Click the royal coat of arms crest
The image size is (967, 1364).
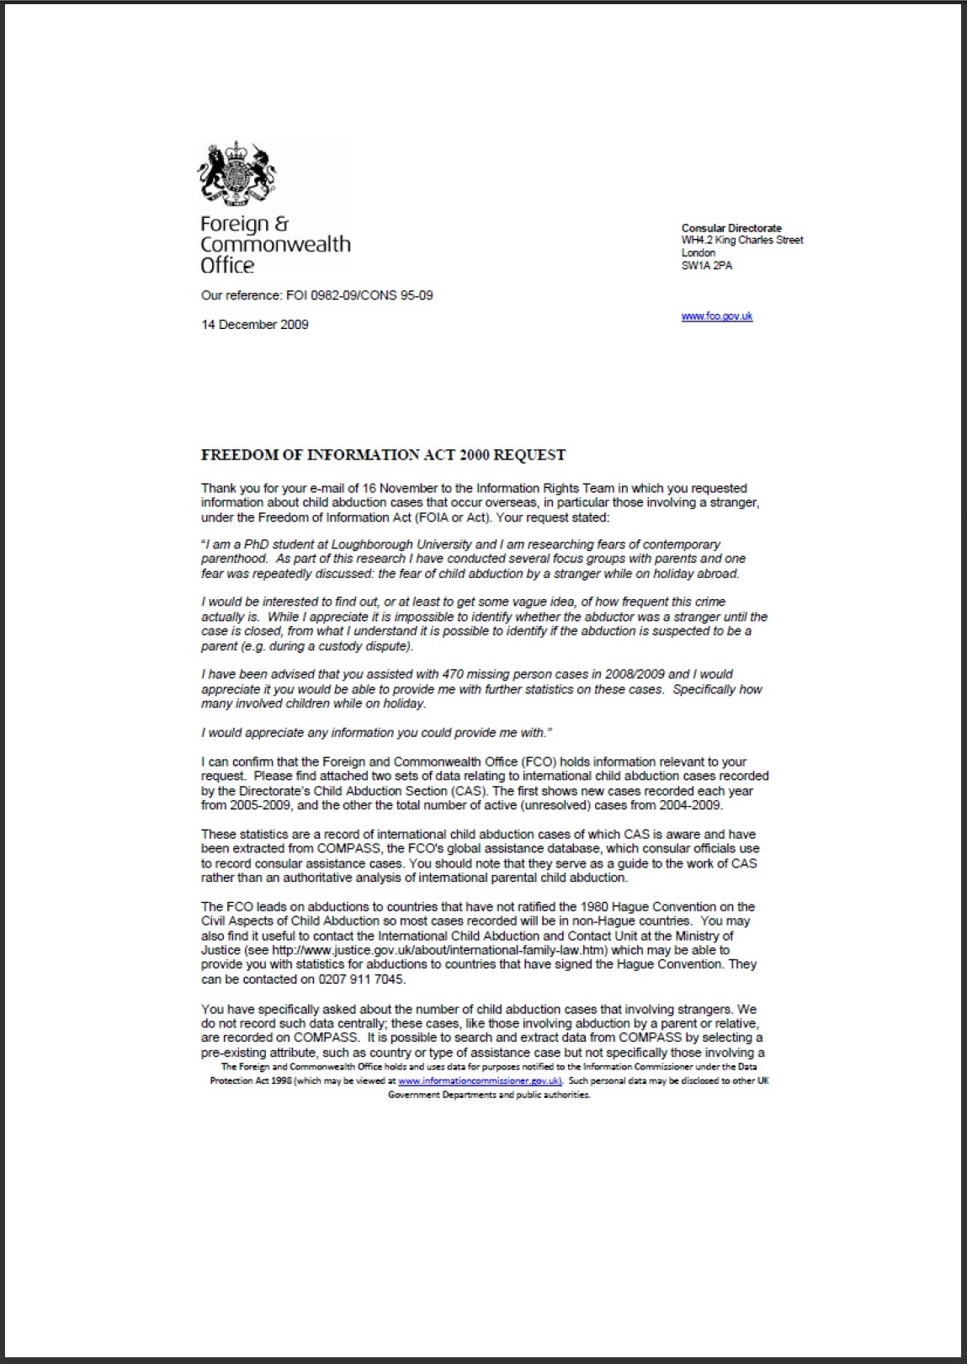pos(237,174)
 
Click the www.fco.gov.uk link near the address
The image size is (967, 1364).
pos(716,316)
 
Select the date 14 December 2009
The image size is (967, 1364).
pos(254,325)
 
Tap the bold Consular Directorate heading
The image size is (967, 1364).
pos(731,228)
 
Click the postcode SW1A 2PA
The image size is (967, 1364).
pos(707,265)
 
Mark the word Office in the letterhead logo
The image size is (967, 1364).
pos(227,266)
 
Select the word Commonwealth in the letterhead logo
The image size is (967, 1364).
pos(275,245)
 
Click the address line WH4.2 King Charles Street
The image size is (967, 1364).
pos(741,241)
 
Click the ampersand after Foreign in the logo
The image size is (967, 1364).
pos(282,224)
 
